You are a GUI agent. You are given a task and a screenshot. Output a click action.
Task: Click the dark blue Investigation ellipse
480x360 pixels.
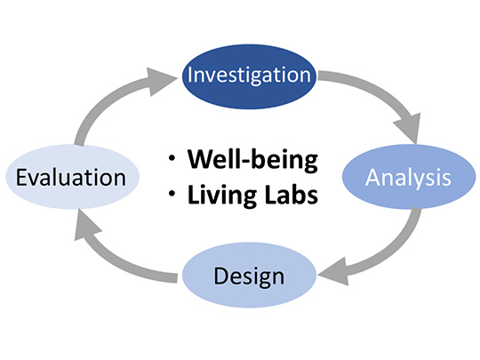249,76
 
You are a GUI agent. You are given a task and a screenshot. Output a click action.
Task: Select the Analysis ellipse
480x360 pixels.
409,177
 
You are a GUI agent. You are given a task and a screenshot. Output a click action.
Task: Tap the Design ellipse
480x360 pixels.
249,275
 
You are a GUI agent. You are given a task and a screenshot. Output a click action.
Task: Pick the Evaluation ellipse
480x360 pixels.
73,177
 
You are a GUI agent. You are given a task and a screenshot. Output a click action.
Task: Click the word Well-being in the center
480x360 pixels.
252,159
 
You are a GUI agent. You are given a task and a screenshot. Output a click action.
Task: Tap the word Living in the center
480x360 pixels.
222,196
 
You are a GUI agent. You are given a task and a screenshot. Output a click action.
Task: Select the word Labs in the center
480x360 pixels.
292,194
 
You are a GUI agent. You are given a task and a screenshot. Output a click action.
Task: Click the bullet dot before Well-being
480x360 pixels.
172,158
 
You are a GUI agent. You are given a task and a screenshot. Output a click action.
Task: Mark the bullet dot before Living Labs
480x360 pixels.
172,194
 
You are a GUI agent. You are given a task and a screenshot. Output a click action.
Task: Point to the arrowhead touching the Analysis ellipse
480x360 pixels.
410,128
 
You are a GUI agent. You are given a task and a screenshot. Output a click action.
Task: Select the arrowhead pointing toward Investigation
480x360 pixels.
160,82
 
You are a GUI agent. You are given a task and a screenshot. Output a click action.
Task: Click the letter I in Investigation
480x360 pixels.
190,75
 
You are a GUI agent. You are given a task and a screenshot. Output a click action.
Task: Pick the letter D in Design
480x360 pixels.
220,276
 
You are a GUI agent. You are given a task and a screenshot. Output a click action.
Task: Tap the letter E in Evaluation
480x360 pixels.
21,177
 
